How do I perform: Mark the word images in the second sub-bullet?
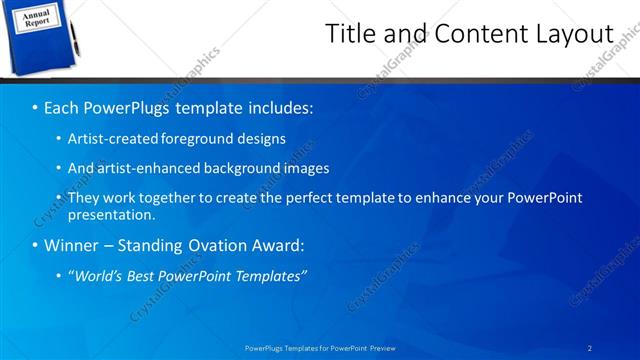coord(306,168)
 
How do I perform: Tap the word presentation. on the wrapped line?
coord(110,214)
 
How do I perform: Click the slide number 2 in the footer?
coord(589,347)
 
